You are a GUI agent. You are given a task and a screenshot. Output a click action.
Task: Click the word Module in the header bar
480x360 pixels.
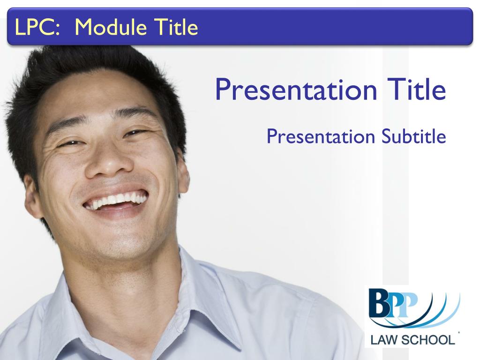point(111,27)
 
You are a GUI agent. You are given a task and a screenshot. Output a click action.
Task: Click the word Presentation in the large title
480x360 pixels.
point(296,90)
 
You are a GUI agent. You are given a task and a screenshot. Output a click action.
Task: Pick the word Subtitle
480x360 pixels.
point(414,136)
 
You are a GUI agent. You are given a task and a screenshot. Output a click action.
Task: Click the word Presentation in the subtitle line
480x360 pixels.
point(321,137)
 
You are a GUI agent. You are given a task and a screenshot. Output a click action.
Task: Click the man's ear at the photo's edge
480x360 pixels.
point(32,196)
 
